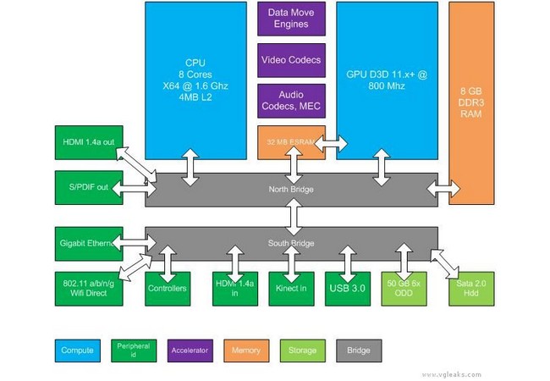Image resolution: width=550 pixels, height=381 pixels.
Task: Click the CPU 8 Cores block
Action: pyautogui.click(x=195, y=80)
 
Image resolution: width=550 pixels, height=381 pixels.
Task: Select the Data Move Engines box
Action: pyautogui.click(x=291, y=19)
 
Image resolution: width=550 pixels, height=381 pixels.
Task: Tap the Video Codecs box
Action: pyautogui.click(x=291, y=60)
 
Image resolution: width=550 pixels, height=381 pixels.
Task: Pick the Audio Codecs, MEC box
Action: pyautogui.click(x=291, y=100)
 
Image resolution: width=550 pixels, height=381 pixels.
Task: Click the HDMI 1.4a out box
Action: pyautogui.click(x=84, y=141)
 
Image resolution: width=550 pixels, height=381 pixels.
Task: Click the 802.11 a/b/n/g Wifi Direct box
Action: pyautogui.click(x=84, y=288)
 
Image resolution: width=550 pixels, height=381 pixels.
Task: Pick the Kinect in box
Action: pyautogui.click(x=292, y=288)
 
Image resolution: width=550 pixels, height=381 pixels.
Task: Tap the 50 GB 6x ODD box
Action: pyautogui.click(x=403, y=288)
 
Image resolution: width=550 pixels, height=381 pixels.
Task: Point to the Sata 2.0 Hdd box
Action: pyautogui.click(x=470, y=288)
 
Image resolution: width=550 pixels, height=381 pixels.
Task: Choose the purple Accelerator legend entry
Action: pyautogui.click(x=190, y=349)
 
